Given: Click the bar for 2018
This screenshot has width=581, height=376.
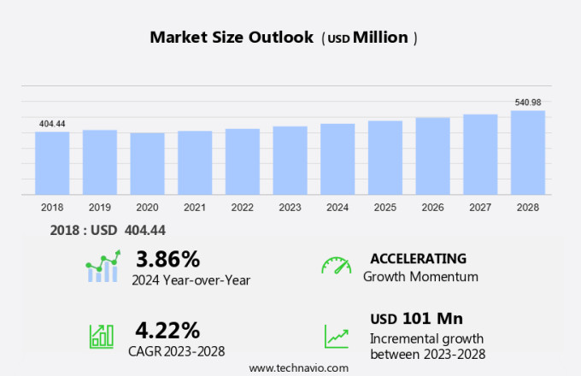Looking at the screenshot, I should pos(52,163).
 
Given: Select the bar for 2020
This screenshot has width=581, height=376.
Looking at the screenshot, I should pos(147,164).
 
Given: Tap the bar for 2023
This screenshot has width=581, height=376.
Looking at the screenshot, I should pos(290,161).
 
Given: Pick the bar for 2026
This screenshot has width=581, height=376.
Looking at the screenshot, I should pos(433,156).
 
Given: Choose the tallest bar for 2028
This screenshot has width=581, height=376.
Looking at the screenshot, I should pos(528,153).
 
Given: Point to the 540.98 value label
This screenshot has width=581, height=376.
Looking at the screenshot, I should pos(528,103).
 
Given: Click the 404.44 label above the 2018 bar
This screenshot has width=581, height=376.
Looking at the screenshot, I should pos(52,124).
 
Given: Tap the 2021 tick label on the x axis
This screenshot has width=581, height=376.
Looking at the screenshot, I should pos(195,208).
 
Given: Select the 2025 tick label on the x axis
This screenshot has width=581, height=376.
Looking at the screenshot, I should pos(385,208).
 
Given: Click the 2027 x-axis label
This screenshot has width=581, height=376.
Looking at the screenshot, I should pos(480,208).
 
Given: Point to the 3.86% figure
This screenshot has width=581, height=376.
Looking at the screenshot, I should pos(167,259).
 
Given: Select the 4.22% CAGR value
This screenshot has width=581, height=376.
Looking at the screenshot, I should pos(167,330).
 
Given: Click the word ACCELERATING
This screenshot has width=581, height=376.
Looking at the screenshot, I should pos(418,259).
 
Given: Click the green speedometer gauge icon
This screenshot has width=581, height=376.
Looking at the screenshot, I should pos(336,266).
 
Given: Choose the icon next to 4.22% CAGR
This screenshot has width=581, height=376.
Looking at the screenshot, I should pos(102,335).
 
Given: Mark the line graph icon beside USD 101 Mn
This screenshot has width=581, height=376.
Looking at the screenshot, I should pos(336,335).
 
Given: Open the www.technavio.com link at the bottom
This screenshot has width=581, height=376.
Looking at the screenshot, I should pos(299,367).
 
